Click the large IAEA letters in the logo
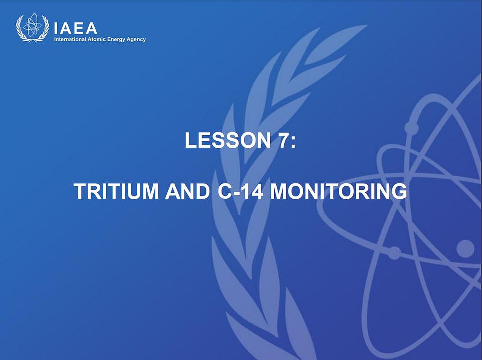(75, 28)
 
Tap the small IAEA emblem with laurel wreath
(32, 28)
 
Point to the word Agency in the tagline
(135, 39)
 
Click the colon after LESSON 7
(293, 142)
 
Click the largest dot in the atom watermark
(465, 249)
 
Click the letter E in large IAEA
(79, 28)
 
